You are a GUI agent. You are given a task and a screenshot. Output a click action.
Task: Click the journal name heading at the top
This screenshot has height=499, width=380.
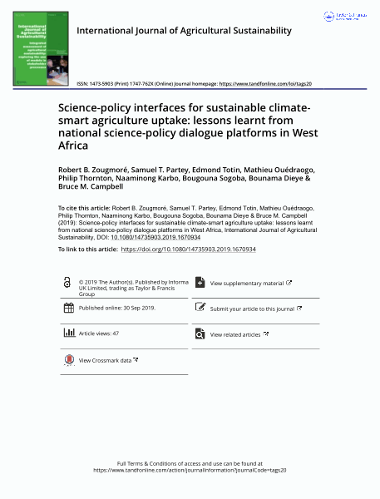[x=184, y=31]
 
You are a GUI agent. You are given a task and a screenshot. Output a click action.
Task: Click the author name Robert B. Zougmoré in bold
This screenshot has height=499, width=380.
[x=92, y=169]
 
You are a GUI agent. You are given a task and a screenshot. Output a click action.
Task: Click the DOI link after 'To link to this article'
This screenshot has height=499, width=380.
[x=188, y=249]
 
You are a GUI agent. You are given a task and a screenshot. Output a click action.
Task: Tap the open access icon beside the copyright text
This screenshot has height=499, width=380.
[x=67, y=284]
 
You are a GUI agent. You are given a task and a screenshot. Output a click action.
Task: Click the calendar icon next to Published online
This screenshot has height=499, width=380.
[x=68, y=309]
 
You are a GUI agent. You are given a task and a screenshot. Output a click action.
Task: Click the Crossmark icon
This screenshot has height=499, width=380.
[x=68, y=360]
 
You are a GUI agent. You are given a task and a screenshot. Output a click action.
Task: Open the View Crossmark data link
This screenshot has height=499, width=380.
[x=107, y=361]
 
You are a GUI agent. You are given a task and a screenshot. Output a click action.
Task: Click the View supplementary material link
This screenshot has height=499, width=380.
[x=247, y=284]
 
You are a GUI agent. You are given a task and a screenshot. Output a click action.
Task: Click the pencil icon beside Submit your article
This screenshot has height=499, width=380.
[x=200, y=308]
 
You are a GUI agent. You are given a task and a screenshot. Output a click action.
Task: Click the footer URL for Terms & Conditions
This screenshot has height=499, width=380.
[x=190, y=470]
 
